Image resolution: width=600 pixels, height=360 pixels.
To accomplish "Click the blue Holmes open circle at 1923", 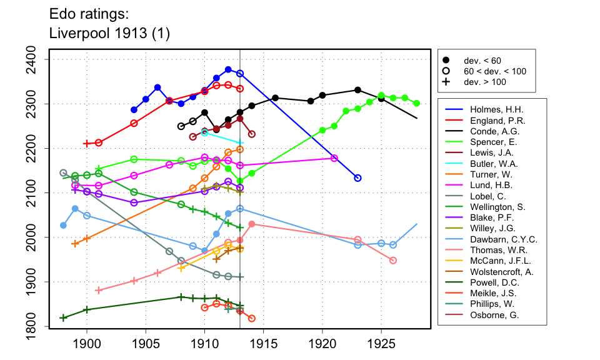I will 357,178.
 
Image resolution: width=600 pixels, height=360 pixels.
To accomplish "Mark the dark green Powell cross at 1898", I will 63,318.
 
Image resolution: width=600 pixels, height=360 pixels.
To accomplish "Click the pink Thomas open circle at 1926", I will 393,260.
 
